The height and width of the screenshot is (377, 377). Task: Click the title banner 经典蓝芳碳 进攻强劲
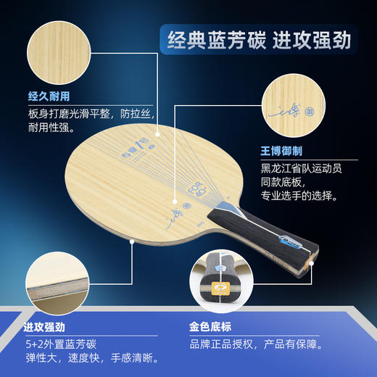pos(254,40)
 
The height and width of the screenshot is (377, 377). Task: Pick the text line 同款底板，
pos(286,182)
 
